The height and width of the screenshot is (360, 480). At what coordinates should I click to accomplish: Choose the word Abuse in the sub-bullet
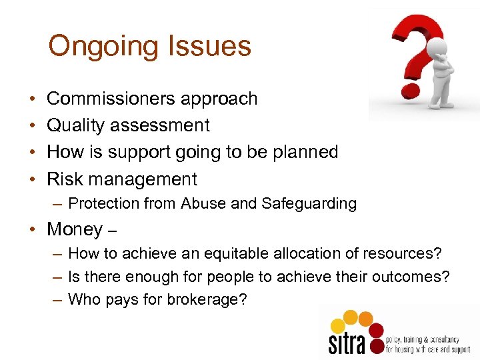pyautogui.click(x=202, y=203)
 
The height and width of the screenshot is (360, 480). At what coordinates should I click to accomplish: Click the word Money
pyautogui.click(x=74, y=229)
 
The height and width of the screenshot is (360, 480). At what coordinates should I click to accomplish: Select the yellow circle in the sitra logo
pyautogui.click(x=339, y=325)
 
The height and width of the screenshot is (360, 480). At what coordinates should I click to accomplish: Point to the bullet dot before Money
pyautogui.click(x=33, y=230)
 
